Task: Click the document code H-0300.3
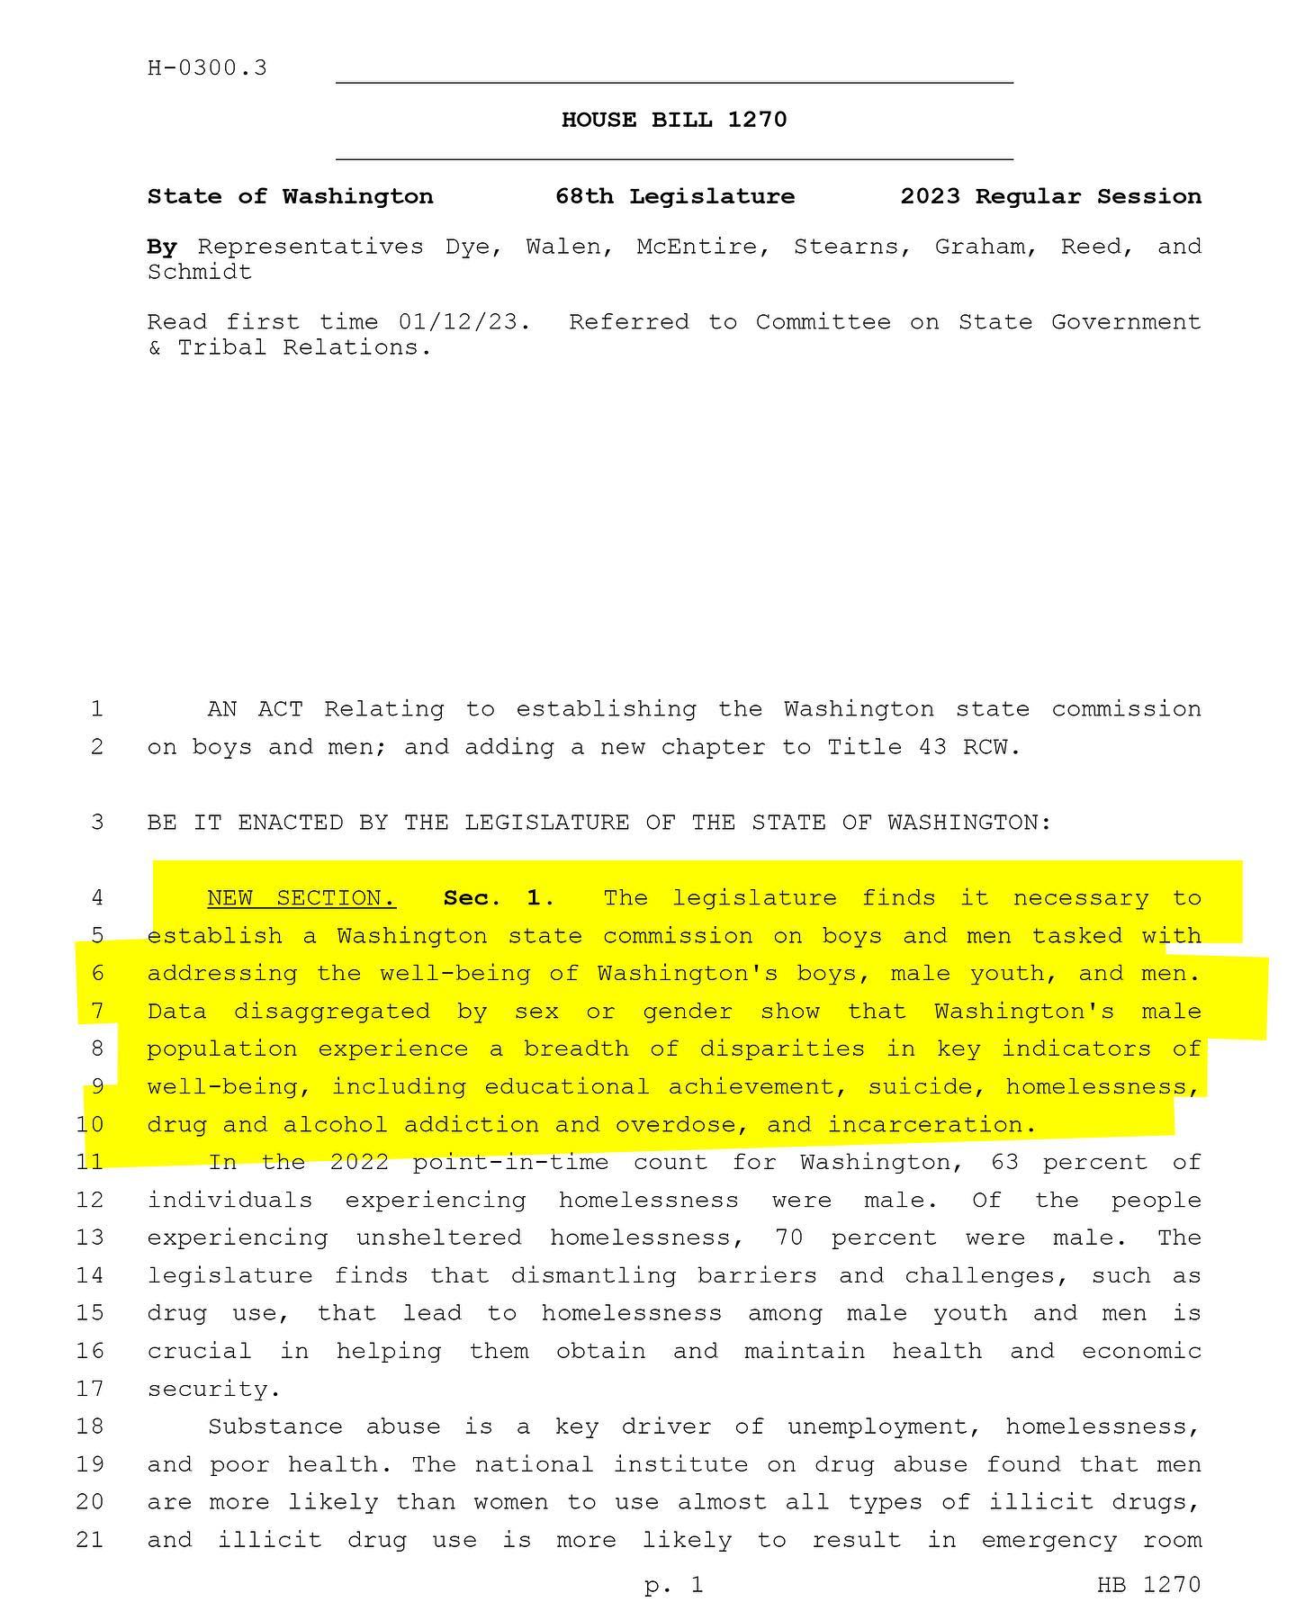(x=207, y=68)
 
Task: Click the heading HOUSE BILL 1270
(x=674, y=120)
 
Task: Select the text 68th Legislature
(x=675, y=196)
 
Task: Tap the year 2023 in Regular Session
(x=930, y=196)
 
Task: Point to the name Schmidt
(x=200, y=272)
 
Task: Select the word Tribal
(x=222, y=347)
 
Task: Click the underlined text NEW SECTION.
(x=301, y=898)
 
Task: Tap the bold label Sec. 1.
(x=495, y=898)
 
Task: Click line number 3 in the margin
(x=96, y=823)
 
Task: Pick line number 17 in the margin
(x=90, y=1389)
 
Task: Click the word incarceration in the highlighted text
(x=925, y=1125)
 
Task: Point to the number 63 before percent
(x=1005, y=1163)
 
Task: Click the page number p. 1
(x=674, y=1585)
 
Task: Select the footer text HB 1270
(x=1148, y=1585)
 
